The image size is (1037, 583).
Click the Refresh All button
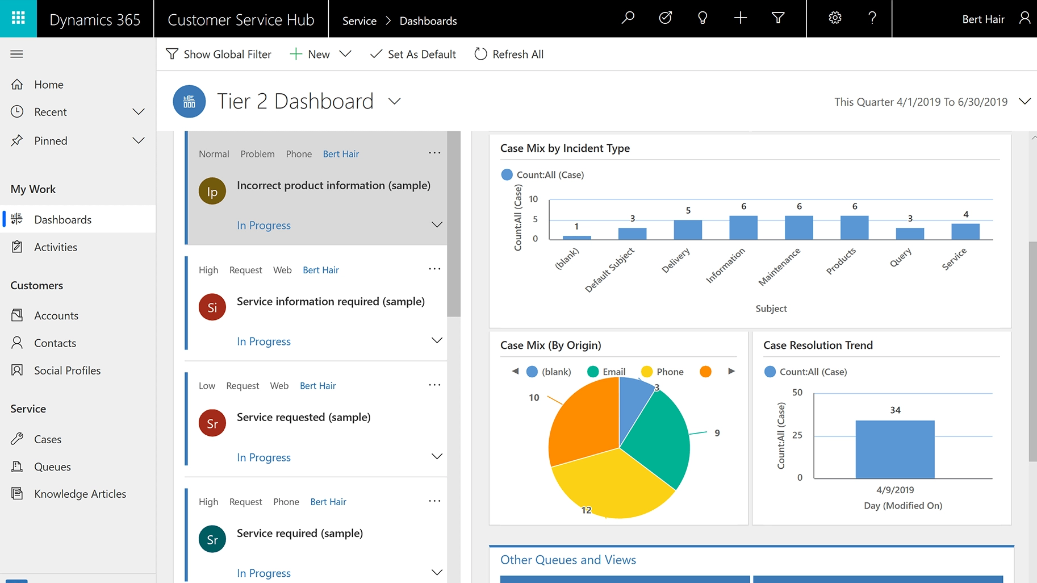pyautogui.click(x=509, y=55)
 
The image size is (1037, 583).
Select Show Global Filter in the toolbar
pyautogui.click(x=219, y=55)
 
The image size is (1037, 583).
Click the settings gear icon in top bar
pyautogui.click(x=835, y=18)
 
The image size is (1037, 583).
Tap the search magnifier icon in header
pyautogui.click(x=628, y=18)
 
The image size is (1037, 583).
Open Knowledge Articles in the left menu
pyautogui.click(x=80, y=494)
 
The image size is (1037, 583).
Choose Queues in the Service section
pyautogui.click(x=52, y=467)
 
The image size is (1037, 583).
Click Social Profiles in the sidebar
pyautogui.click(x=67, y=370)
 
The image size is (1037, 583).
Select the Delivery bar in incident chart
pyautogui.click(x=688, y=230)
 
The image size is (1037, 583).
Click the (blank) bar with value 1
pyautogui.click(x=576, y=237)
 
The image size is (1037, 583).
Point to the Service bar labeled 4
pyautogui.click(x=965, y=231)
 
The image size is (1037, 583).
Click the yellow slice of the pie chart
pyautogui.click(x=611, y=483)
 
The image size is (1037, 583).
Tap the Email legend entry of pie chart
pyautogui.click(x=607, y=372)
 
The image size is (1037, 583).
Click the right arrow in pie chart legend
pyautogui.click(x=731, y=371)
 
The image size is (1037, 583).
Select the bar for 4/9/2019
pyautogui.click(x=894, y=449)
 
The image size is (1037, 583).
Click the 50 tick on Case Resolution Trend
pyautogui.click(x=797, y=393)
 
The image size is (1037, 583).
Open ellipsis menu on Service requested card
pyautogui.click(x=434, y=385)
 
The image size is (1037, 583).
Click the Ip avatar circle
pyautogui.click(x=212, y=191)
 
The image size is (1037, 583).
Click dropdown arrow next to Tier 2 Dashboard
pyautogui.click(x=394, y=101)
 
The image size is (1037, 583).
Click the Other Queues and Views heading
pyautogui.click(x=568, y=560)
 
